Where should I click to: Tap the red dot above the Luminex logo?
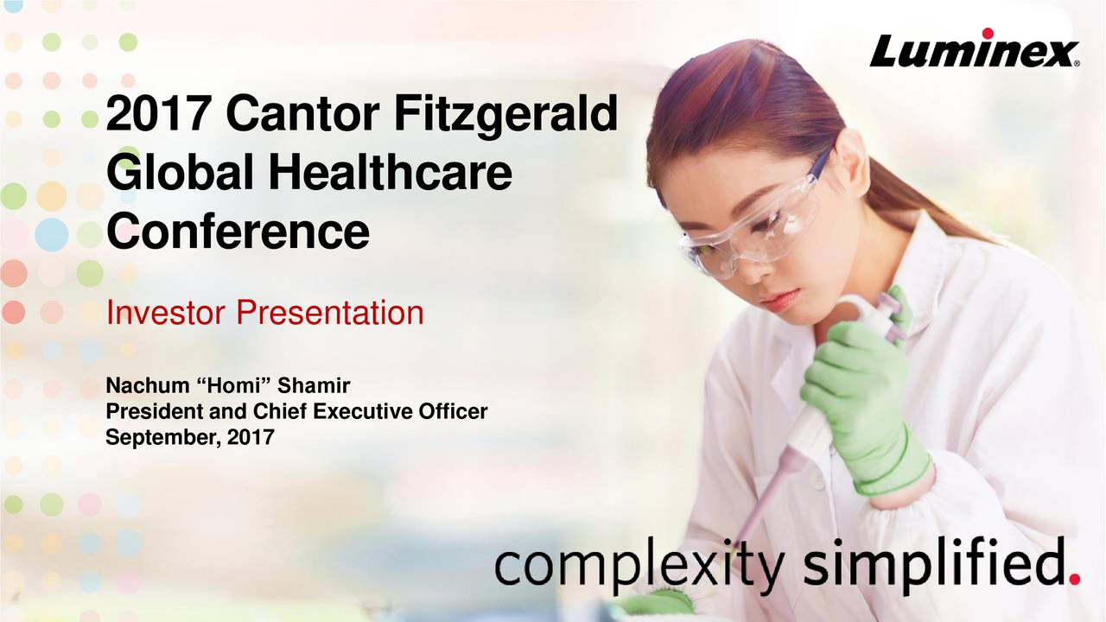pos(988,33)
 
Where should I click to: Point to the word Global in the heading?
pos(181,172)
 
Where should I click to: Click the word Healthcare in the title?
pos(390,172)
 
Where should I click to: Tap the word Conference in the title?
pos(238,231)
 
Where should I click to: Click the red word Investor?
pos(166,313)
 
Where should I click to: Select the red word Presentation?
pos(330,313)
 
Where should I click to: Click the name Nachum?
pos(147,385)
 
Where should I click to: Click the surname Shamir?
pos(314,385)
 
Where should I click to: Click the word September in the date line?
pos(163,438)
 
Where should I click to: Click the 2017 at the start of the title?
pos(158,114)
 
